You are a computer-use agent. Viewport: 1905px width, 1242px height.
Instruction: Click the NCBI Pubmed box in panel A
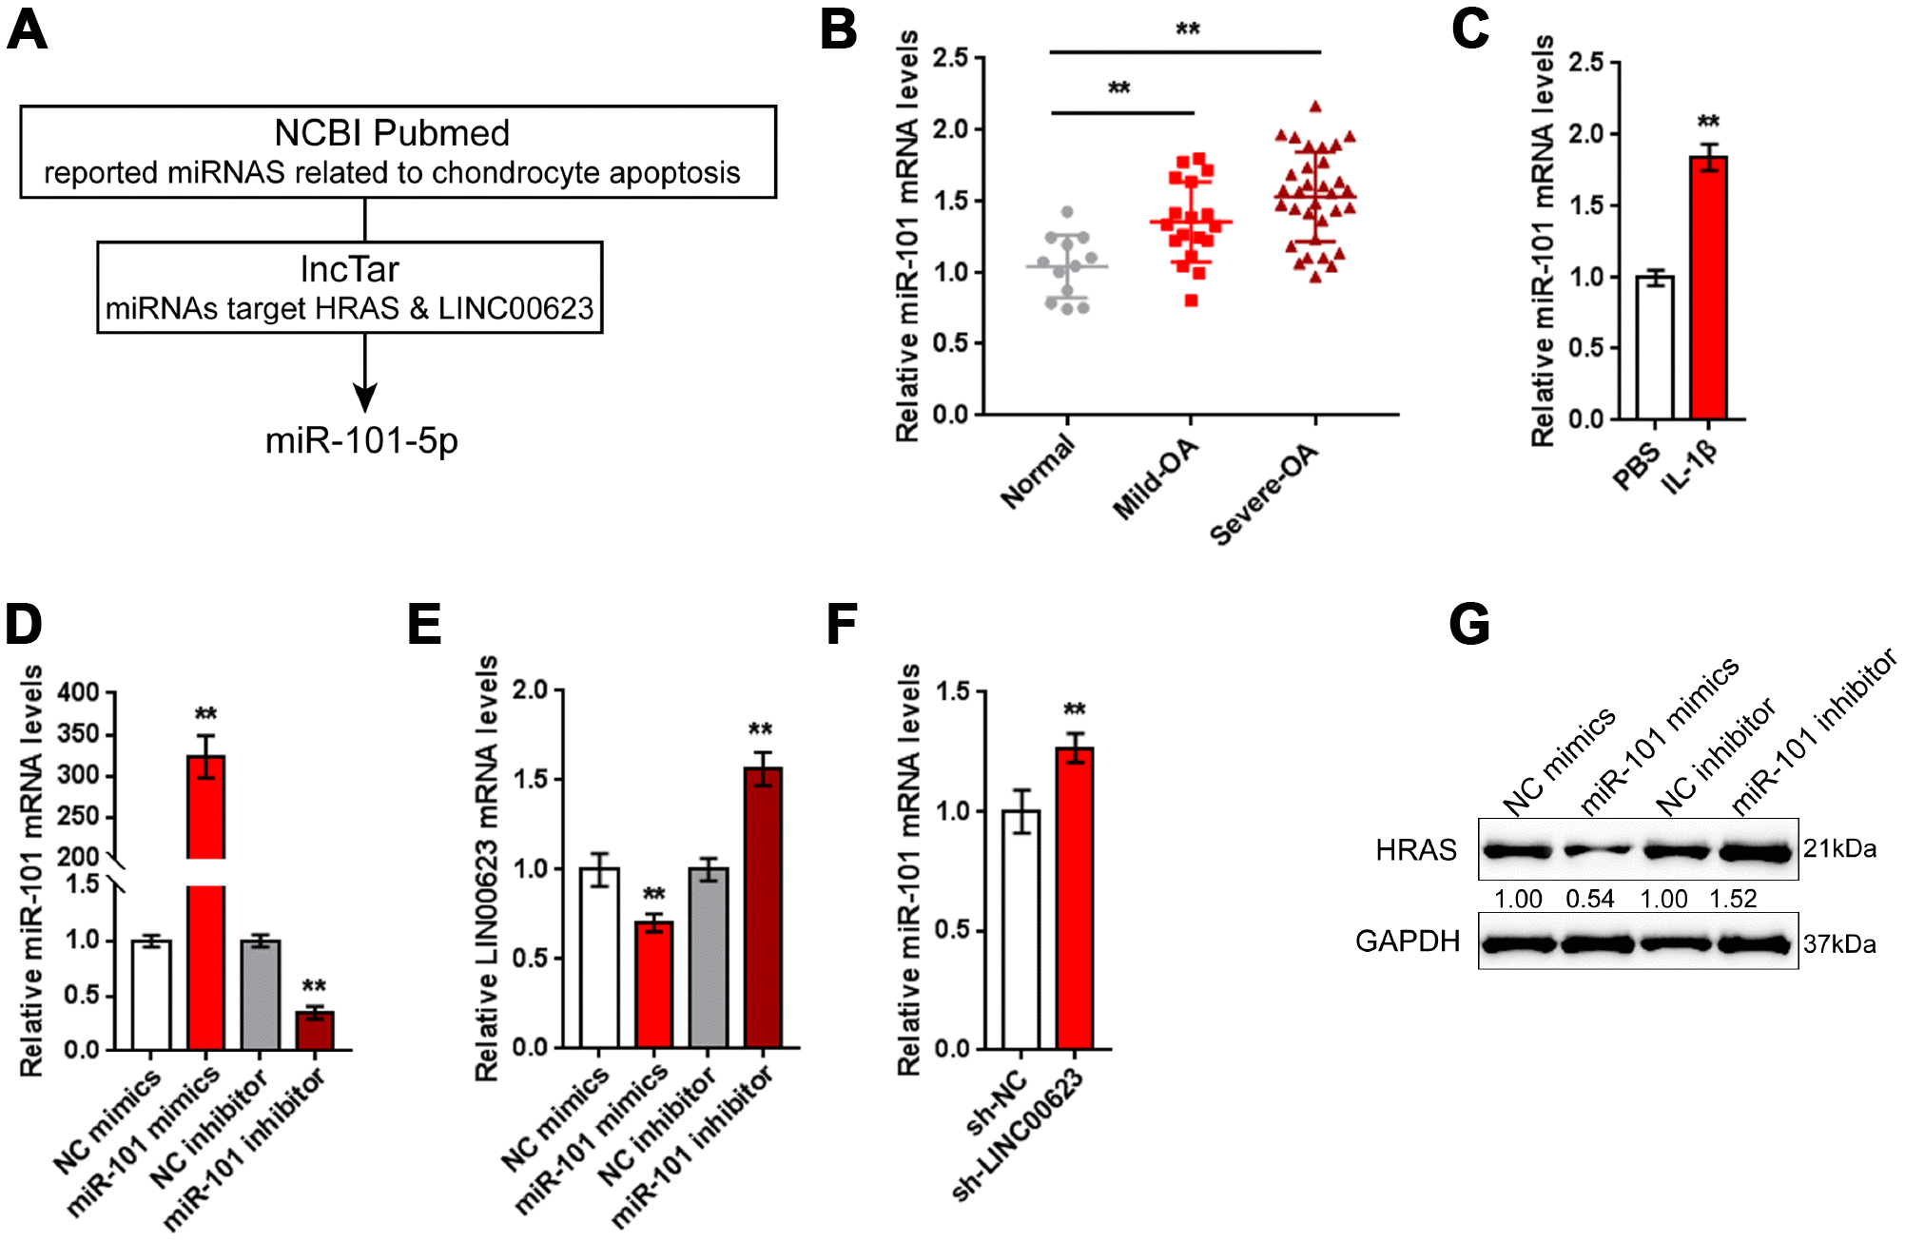[x=398, y=151]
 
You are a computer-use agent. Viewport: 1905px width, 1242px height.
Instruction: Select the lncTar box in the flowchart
[x=349, y=287]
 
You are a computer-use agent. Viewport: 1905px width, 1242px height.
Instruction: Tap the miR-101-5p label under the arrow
[x=361, y=440]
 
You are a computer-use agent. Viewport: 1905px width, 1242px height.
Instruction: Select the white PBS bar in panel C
[x=1655, y=347]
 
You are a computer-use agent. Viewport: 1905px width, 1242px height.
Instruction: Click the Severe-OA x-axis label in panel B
[x=1265, y=495]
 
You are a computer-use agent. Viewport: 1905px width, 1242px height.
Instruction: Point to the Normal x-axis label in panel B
[x=1038, y=472]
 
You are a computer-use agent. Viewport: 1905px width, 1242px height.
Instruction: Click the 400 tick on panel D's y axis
[x=78, y=692]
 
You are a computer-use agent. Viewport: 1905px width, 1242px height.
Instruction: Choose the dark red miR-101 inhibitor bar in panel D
[x=315, y=1031]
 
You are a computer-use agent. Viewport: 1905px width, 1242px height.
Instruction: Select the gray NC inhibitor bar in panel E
[x=709, y=957]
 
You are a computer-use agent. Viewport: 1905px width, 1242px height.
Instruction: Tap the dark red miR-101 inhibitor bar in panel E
[x=763, y=907]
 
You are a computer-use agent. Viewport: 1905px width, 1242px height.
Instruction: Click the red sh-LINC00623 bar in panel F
[x=1075, y=898]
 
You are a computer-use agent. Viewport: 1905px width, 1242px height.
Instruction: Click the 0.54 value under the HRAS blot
[x=1590, y=899]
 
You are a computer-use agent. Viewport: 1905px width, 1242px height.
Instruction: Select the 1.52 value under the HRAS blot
[x=1733, y=899]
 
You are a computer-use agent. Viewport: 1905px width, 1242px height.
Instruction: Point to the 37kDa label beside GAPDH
[x=1839, y=944]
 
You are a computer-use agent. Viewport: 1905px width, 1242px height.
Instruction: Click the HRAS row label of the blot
[x=1415, y=849]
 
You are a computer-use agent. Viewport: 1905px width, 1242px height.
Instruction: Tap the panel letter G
[x=1468, y=626]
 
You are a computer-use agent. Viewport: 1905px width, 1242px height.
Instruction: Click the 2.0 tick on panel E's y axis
[x=531, y=690]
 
